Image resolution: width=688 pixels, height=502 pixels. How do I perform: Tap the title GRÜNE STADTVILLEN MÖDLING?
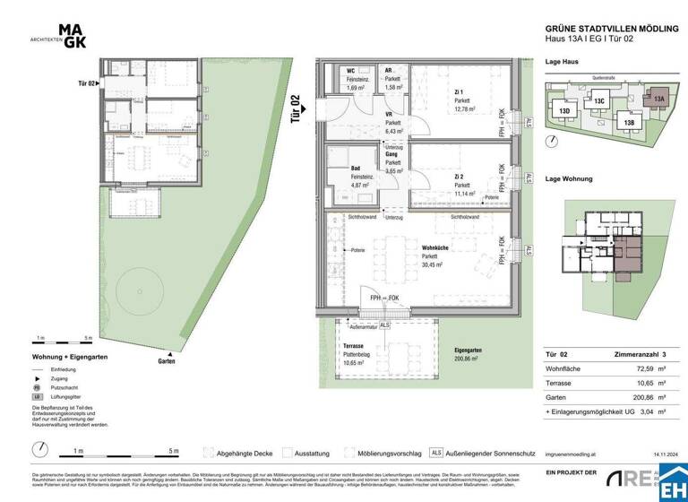click(608, 29)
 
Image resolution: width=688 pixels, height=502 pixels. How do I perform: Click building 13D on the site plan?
click(565, 111)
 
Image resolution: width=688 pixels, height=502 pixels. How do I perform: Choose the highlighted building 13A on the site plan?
click(658, 100)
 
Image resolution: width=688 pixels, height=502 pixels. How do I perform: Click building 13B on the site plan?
click(629, 122)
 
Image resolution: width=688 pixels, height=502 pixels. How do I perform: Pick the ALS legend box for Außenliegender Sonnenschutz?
click(436, 454)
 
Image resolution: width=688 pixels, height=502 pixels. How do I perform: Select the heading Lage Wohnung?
click(569, 179)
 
